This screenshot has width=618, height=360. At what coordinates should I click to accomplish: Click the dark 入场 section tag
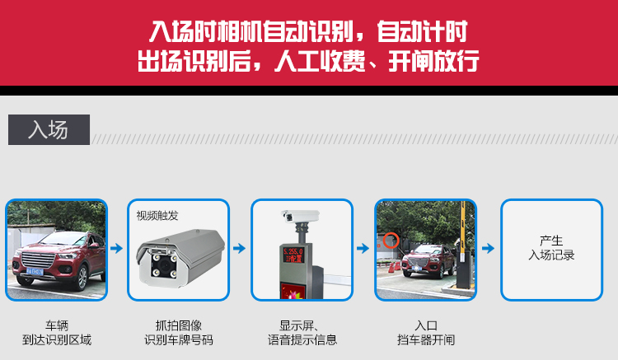coord(49,129)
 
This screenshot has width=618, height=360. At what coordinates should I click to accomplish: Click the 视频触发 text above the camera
coord(157,216)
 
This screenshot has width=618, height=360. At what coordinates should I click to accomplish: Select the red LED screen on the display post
coord(293,255)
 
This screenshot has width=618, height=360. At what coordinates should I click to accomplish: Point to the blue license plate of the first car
coord(35,271)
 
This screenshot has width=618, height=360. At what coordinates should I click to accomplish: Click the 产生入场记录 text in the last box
coord(551,248)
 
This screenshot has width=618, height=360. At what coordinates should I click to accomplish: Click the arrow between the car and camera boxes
coord(117,248)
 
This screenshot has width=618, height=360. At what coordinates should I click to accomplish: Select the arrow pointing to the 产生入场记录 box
coord(488,248)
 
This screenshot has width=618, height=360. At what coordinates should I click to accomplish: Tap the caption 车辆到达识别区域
coord(57,333)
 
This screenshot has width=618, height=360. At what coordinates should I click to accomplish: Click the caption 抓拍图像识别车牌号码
coord(179,333)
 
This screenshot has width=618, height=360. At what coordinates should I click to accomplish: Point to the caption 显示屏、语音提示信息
coord(302,333)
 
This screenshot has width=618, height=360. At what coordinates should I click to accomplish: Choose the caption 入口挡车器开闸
coord(426,333)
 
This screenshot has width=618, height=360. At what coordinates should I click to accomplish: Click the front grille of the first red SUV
coord(37,260)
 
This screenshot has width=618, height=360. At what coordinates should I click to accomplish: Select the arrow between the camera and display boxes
coord(239,248)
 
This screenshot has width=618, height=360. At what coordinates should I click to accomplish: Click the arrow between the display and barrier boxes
coord(363,248)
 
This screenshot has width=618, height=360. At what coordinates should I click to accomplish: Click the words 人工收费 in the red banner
coord(321,62)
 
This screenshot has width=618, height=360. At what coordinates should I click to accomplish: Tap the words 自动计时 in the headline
coord(422,31)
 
